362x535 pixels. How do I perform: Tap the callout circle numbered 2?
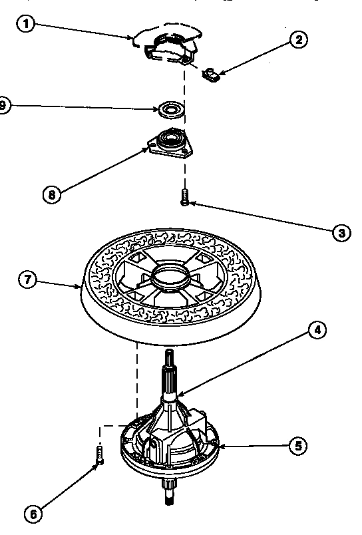tap(299, 39)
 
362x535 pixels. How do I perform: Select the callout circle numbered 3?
tap(340, 232)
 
